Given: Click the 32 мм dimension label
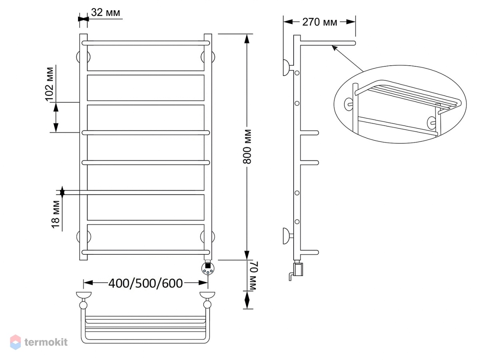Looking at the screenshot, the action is click(x=106, y=12).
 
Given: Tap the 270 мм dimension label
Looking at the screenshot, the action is click(x=320, y=22).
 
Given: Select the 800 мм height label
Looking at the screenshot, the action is click(x=247, y=147).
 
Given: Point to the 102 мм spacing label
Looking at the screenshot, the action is click(x=50, y=84).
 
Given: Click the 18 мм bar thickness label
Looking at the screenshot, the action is click(x=56, y=214).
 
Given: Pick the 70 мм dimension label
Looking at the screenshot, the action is click(x=253, y=276).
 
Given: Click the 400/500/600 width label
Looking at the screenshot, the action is click(x=146, y=283).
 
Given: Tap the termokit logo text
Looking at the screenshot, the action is click(x=46, y=342).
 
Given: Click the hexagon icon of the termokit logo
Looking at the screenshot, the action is click(x=16, y=342).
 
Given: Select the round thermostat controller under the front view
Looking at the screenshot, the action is click(x=208, y=268).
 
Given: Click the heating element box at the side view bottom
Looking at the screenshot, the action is click(x=298, y=270).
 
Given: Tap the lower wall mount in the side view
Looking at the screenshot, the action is click(x=288, y=236).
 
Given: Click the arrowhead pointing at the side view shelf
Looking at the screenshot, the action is click(x=334, y=48).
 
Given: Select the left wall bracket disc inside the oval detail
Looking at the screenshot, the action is click(x=348, y=104).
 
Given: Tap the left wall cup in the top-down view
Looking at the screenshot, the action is click(x=84, y=295).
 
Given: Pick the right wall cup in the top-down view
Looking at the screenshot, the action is click(x=207, y=295).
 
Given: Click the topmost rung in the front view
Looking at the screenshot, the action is click(x=146, y=43).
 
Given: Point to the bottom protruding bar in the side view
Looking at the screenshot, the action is click(x=310, y=252).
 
